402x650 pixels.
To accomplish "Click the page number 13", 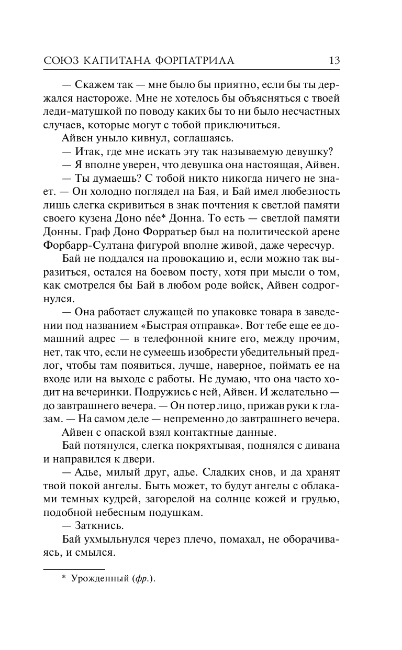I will click(334, 60).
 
